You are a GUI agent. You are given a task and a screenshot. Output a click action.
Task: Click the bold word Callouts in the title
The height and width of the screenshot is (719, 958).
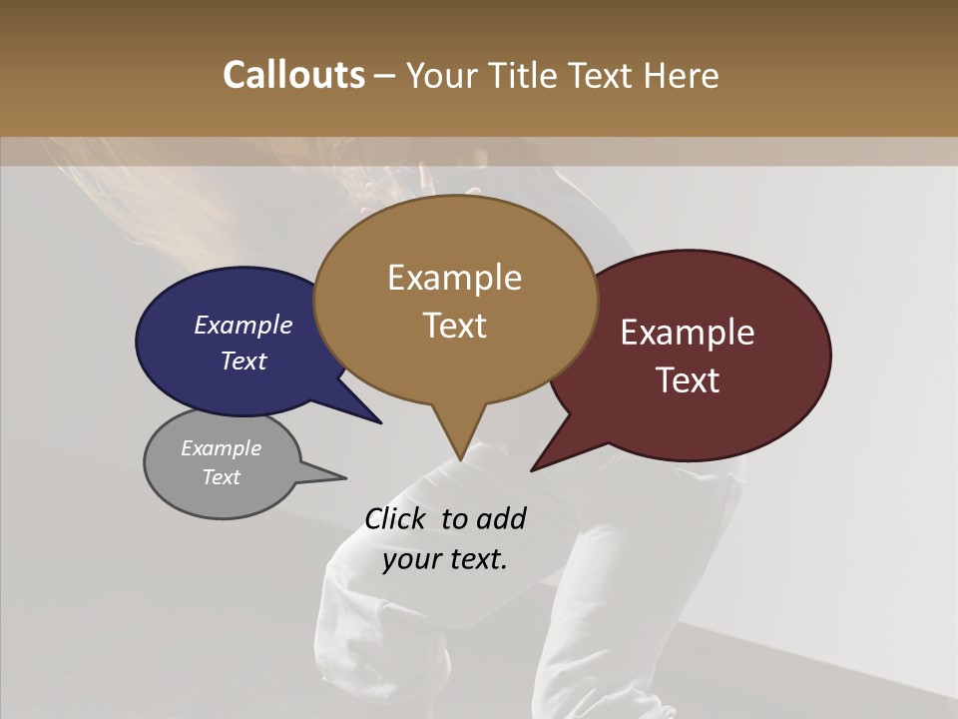(293, 75)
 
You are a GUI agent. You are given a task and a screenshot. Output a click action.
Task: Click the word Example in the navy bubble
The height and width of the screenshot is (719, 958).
(242, 325)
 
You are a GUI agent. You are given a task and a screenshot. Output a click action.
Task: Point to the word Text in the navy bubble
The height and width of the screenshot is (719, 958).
(242, 360)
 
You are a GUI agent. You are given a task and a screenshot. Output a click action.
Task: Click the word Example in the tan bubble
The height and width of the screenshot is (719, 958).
(454, 278)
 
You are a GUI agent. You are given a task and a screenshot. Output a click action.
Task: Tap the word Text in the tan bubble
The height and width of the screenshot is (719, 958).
(454, 325)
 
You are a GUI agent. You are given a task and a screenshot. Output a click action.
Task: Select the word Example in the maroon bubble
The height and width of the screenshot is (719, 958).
(688, 333)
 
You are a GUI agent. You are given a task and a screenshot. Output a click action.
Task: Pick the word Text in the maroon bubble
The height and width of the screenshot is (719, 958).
(688, 379)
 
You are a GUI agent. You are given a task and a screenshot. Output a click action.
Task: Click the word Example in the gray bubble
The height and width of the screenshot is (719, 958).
(221, 448)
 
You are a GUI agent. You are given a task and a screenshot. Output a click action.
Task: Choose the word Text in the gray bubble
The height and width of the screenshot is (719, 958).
(221, 477)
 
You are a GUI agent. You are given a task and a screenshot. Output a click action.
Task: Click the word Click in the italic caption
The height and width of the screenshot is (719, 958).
(396, 519)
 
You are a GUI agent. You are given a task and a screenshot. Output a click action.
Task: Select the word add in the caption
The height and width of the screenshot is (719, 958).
(500, 519)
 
